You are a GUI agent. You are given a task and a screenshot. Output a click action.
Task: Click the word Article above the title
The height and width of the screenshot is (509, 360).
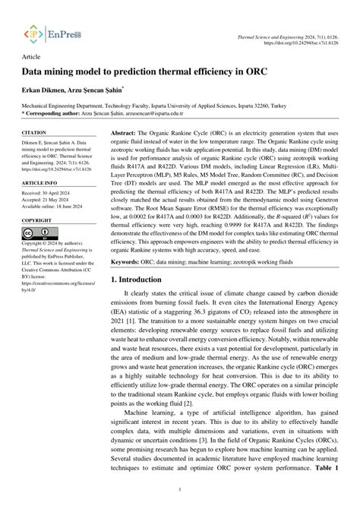coord(32,57)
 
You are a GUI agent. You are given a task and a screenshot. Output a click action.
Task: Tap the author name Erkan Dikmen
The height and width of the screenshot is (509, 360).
coord(44,90)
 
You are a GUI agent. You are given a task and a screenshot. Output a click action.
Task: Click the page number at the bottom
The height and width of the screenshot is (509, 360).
coord(179,490)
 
